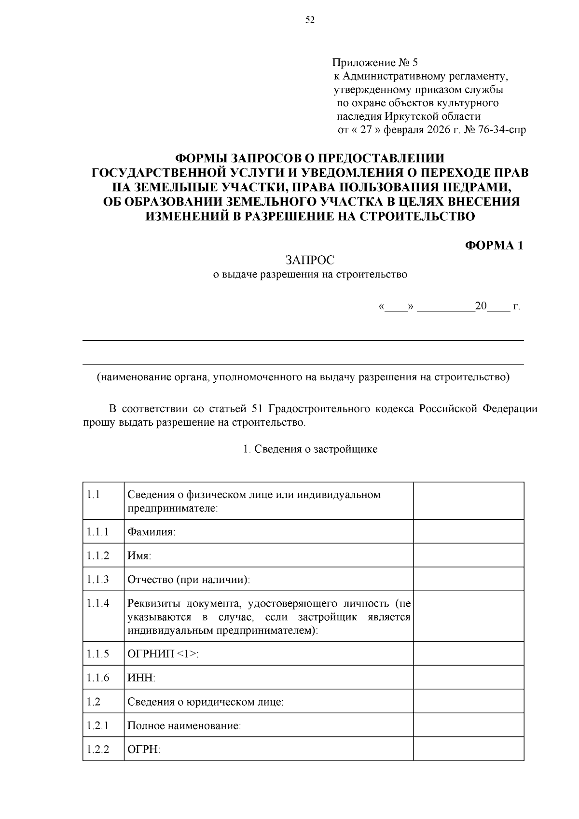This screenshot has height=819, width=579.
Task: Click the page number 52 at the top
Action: [310, 20]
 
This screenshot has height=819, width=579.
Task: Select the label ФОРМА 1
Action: [494, 245]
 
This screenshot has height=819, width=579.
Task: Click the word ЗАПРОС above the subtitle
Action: [310, 260]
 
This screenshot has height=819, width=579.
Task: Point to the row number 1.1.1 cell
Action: [98, 531]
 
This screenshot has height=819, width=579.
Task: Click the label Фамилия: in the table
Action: [151, 532]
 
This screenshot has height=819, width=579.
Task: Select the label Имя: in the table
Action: [139, 555]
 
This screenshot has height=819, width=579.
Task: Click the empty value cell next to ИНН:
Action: [468, 678]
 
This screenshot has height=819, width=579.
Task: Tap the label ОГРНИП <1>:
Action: [163, 654]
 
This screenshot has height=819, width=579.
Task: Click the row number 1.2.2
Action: [98, 749]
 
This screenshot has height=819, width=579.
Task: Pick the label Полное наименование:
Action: [184, 725]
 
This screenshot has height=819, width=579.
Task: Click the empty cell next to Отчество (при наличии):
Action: [468, 579]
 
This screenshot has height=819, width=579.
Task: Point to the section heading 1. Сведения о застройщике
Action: [310, 449]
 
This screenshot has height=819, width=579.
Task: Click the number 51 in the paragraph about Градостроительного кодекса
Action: [257, 409]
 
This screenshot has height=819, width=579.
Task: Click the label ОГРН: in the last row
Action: [143, 749]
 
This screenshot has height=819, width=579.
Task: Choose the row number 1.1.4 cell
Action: [98, 603]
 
